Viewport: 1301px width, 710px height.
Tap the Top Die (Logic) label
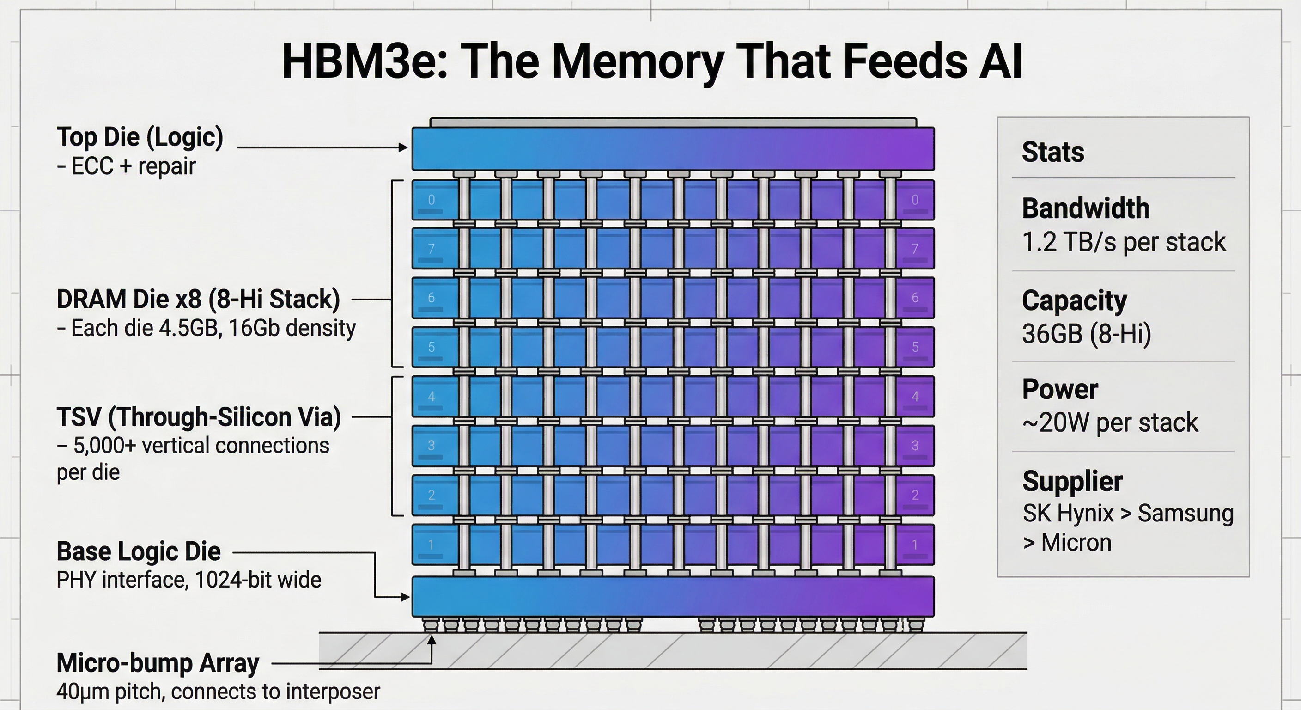[x=140, y=137]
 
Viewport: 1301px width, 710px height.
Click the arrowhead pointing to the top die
[x=403, y=147]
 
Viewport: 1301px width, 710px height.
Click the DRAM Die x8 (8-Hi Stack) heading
[x=198, y=299]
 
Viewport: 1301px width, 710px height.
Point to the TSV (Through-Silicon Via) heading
[x=199, y=417]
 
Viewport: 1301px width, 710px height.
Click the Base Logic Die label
[x=139, y=551]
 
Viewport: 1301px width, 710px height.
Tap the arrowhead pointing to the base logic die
[x=405, y=597]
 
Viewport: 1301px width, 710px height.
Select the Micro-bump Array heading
[x=158, y=663]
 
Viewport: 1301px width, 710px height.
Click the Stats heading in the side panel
[x=1052, y=152]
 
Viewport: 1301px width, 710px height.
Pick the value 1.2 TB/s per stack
[x=1123, y=242]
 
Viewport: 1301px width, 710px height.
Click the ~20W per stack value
[x=1110, y=422]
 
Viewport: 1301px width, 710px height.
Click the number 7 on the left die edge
[x=432, y=249]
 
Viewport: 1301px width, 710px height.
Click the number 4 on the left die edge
[x=432, y=397]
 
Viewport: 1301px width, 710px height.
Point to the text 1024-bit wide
[x=258, y=580]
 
